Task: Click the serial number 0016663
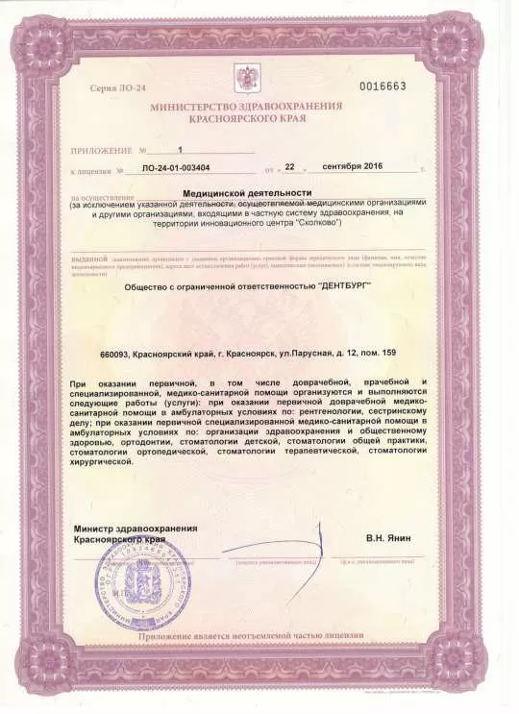point(383,86)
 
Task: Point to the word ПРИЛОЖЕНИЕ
point(100,151)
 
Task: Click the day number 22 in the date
point(312,167)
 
